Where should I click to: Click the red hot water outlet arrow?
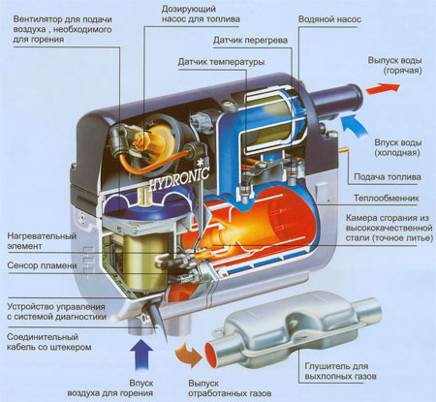click(x=383, y=88)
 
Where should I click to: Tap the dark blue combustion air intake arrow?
click(x=141, y=355)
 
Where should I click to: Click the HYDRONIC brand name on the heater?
click(x=179, y=179)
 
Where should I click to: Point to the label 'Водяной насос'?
click(x=329, y=19)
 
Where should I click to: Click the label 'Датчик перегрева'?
click(x=250, y=41)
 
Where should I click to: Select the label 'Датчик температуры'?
click(x=221, y=62)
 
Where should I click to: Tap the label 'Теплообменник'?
click(x=387, y=198)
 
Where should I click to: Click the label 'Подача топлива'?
click(x=388, y=176)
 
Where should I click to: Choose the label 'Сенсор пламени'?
click(x=42, y=265)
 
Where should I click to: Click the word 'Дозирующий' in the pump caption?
click(x=189, y=9)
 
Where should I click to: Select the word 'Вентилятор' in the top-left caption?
click(x=38, y=19)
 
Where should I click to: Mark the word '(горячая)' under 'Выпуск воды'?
click(x=403, y=71)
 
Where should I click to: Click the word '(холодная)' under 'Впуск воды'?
click(x=397, y=152)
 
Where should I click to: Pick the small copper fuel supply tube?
click(x=343, y=149)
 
